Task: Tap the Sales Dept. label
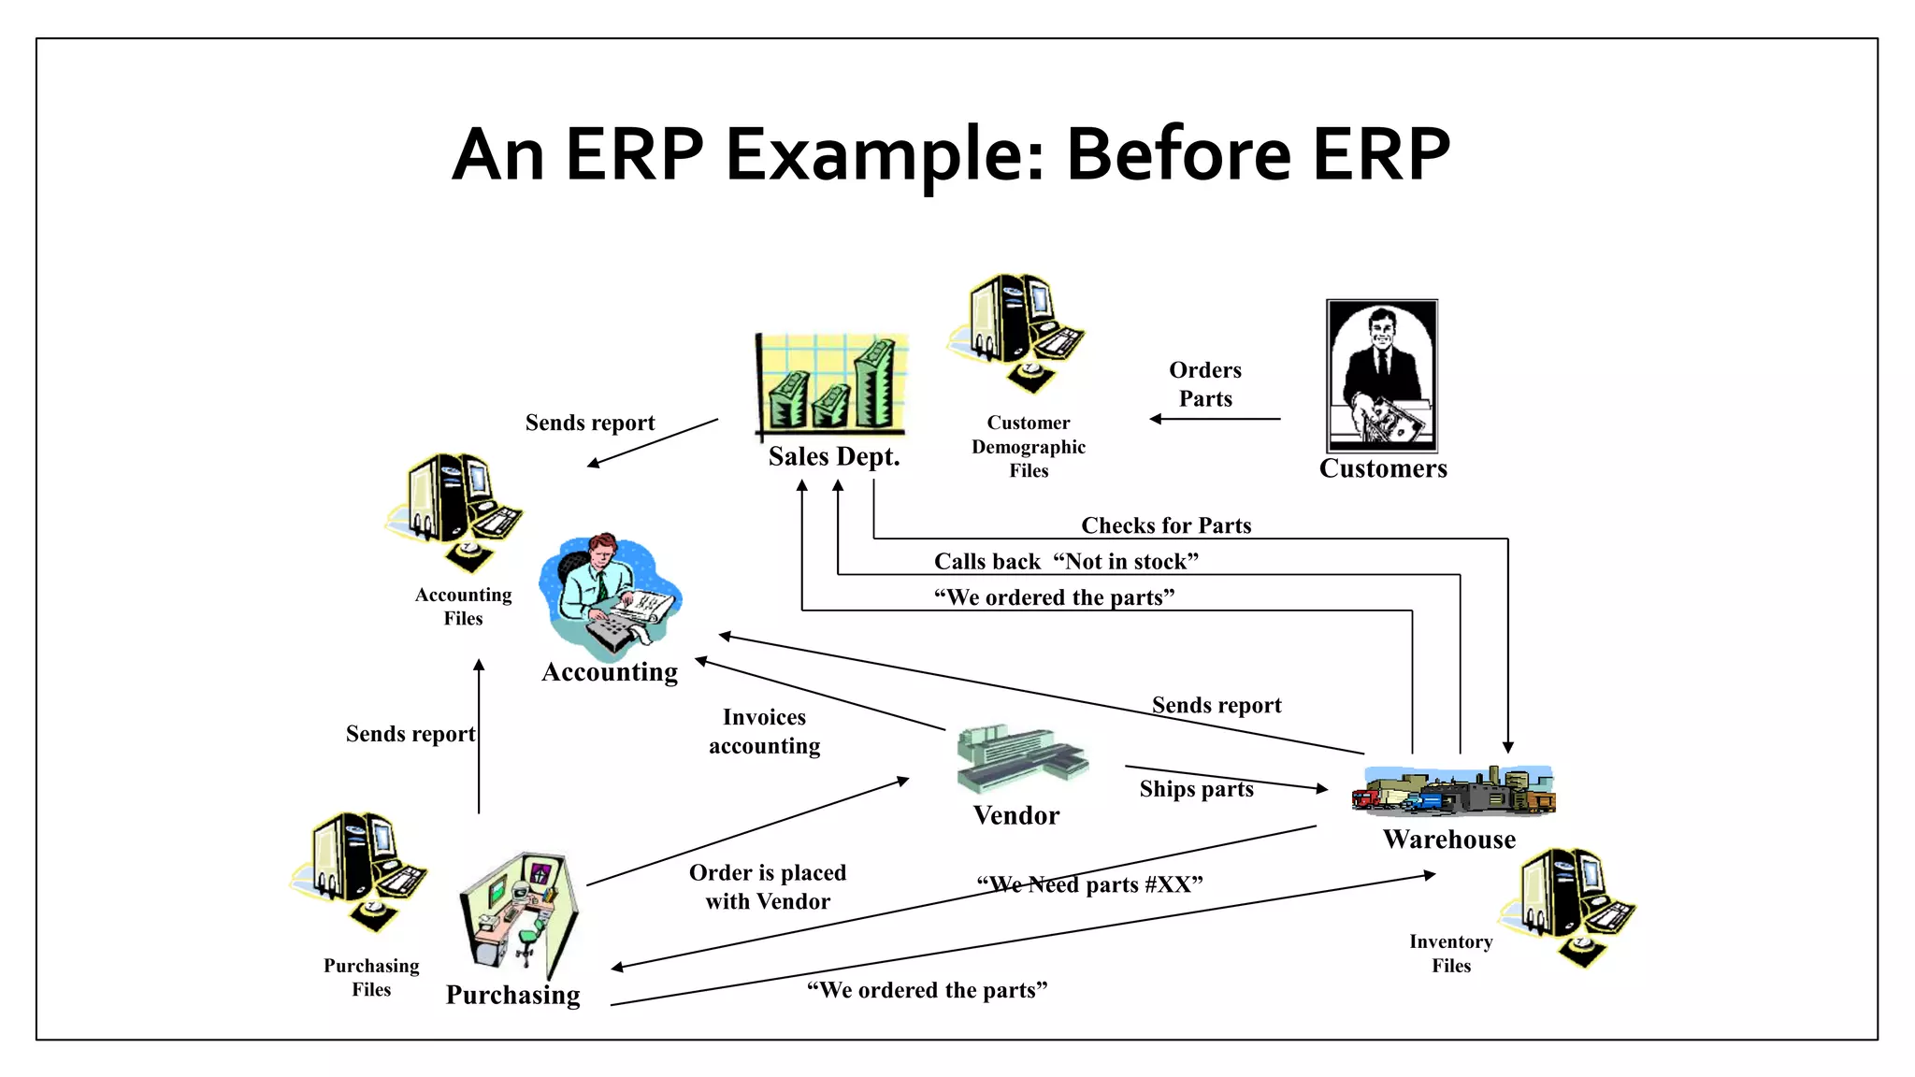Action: click(x=833, y=456)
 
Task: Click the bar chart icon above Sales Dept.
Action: click(x=831, y=385)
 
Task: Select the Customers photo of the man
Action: click(x=1381, y=376)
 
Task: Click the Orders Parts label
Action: click(x=1205, y=384)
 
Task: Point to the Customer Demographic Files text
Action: click(x=1029, y=447)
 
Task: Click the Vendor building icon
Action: click(x=1020, y=757)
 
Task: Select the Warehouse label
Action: click(x=1449, y=840)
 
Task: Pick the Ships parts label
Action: click(x=1196, y=789)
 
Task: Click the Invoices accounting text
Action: click(x=764, y=731)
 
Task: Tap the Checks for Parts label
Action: click(x=1166, y=525)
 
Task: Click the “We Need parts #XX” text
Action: click(x=1089, y=884)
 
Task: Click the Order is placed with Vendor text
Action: click(x=768, y=886)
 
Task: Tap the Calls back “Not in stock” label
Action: click(x=1066, y=561)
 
